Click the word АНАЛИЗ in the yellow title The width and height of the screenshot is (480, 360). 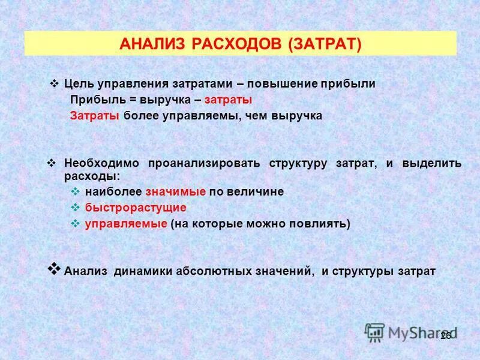coord(152,44)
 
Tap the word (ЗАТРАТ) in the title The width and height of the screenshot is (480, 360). coord(325,44)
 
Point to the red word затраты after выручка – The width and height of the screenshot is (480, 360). coord(228,100)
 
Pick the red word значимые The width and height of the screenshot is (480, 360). coord(176,192)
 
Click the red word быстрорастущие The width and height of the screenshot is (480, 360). coord(136,208)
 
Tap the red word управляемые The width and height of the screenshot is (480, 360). coord(125,224)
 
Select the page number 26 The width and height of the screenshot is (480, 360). coord(445,336)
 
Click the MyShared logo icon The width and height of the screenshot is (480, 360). coord(375,332)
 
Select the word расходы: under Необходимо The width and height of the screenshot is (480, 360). coord(92,176)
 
